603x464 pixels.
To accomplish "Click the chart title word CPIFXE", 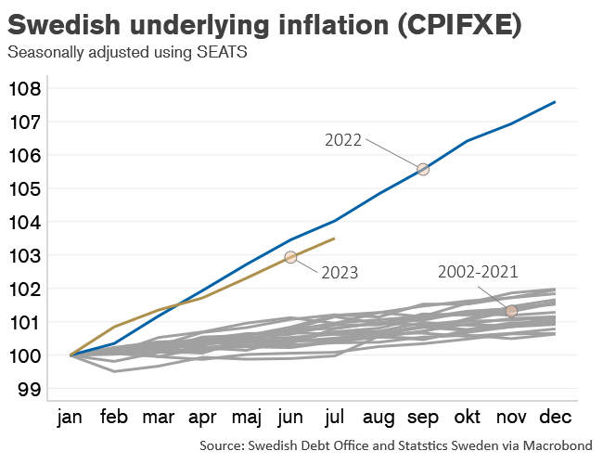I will (x=456, y=25).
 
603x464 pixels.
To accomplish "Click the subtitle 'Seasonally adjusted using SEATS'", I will (x=127, y=53).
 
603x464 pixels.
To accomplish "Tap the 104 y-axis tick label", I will (x=25, y=223).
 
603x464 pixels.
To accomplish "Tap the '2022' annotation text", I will (x=343, y=139).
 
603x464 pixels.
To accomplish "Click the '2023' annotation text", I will (x=340, y=273).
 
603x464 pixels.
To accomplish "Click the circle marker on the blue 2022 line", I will (x=423, y=169).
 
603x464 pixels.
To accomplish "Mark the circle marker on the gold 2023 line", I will (x=290, y=257).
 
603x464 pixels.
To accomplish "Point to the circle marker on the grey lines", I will (x=511, y=311).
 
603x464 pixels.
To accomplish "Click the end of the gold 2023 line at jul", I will (x=334, y=238).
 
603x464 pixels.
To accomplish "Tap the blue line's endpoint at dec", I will (x=555, y=102).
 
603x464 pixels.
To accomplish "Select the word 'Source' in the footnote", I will (x=221, y=446).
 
